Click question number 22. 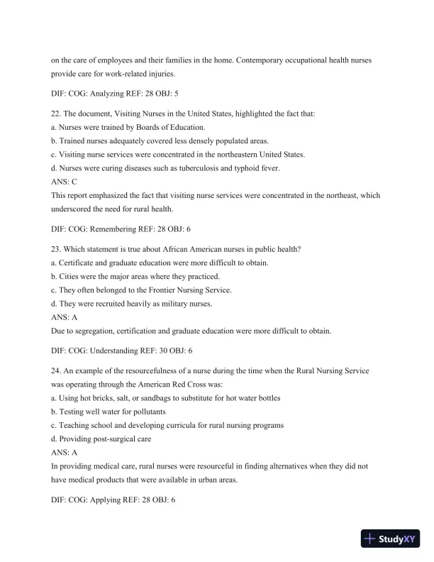56,114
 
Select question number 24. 56,371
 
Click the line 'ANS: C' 64,182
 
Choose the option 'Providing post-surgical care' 103,439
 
